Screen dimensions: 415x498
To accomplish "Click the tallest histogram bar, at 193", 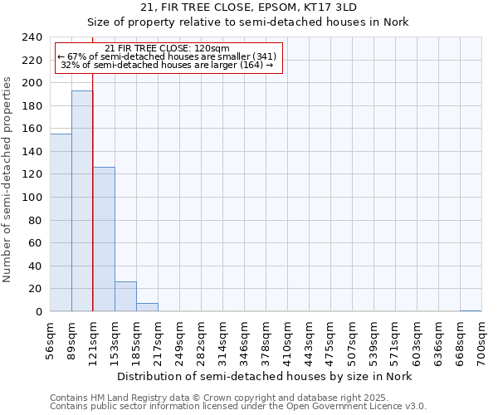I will click(x=82, y=201).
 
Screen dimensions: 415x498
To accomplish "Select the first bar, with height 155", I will click(x=61, y=222).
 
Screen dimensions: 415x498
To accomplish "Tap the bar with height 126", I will click(x=104, y=239).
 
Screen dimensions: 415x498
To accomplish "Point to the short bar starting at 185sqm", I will click(x=147, y=307).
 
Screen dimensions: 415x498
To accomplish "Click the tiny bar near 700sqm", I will click(x=471, y=310).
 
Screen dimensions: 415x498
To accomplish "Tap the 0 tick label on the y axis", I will click(x=38, y=311).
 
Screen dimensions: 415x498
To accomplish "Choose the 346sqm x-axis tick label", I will click(x=245, y=337).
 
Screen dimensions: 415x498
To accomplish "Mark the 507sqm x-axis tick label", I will click(x=353, y=337).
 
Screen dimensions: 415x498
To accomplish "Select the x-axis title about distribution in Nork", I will click(x=264, y=376).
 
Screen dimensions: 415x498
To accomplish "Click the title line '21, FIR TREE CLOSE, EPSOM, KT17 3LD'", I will click(x=248, y=7).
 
